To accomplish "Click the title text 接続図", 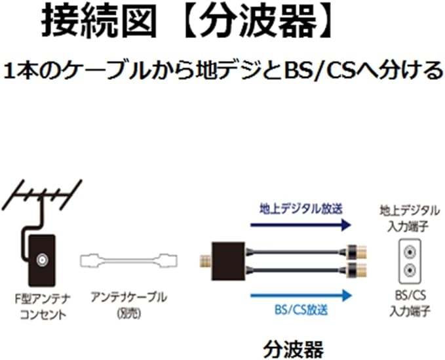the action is (101, 22).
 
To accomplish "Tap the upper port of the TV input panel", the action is (409, 251).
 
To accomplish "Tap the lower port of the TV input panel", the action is (409, 269).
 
